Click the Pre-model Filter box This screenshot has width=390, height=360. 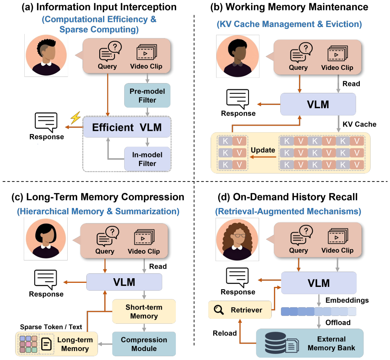pyautogui.click(x=147, y=95)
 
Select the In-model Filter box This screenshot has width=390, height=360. pyautogui.click(x=147, y=159)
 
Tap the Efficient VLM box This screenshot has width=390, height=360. pyautogui.click(x=127, y=127)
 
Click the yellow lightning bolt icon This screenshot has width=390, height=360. pyautogui.click(x=75, y=118)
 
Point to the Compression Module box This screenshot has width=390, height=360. pyautogui.click(x=144, y=344)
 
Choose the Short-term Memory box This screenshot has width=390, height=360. pyautogui.click(x=144, y=311)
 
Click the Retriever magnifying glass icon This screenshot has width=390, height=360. pyautogui.click(x=219, y=310)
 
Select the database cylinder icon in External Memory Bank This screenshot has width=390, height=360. pyautogui.click(x=275, y=343)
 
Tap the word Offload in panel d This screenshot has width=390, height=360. pyautogui.click(x=338, y=323)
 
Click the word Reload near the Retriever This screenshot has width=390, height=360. pyautogui.click(x=225, y=333)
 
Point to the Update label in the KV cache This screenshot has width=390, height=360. pyautogui.click(x=263, y=150)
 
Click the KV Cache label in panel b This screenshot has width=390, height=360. pyautogui.click(x=359, y=124)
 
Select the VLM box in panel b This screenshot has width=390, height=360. pyautogui.click(x=318, y=104)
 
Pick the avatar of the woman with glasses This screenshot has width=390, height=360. pyautogui.click(x=237, y=239)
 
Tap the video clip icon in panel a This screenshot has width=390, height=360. pyautogui.click(x=147, y=52)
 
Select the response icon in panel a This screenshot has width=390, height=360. pyautogui.click(x=46, y=122)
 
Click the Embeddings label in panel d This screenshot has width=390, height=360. pyautogui.click(x=347, y=300)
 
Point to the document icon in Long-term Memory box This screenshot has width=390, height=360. pyautogui.click(x=46, y=344)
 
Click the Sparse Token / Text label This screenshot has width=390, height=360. pyautogui.click(x=51, y=327)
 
